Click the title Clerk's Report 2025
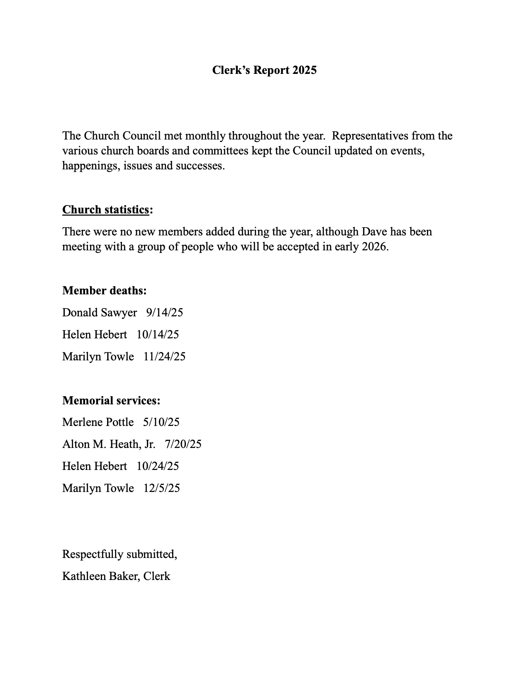pyautogui.click(x=264, y=70)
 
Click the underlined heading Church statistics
pyautogui.click(x=105, y=210)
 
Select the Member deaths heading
pyautogui.click(x=104, y=291)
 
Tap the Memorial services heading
pyautogui.click(x=111, y=401)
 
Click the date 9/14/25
pyautogui.click(x=164, y=313)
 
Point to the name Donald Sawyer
pyautogui.click(x=100, y=313)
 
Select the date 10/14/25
pyautogui.click(x=158, y=335)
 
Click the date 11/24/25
pyautogui.click(x=164, y=357)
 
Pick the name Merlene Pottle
pyautogui.click(x=98, y=422)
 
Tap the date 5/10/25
pyautogui.click(x=161, y=422)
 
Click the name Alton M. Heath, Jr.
pyautogui.click(x=109, y=444)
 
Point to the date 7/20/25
pyautogui.click(x=183, y=444)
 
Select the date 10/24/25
pyautogui.click(x=158, y=466)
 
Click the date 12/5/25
pyautogui.click(x=161, y=488)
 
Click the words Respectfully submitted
pyautogui.click(x=119, y=554)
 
